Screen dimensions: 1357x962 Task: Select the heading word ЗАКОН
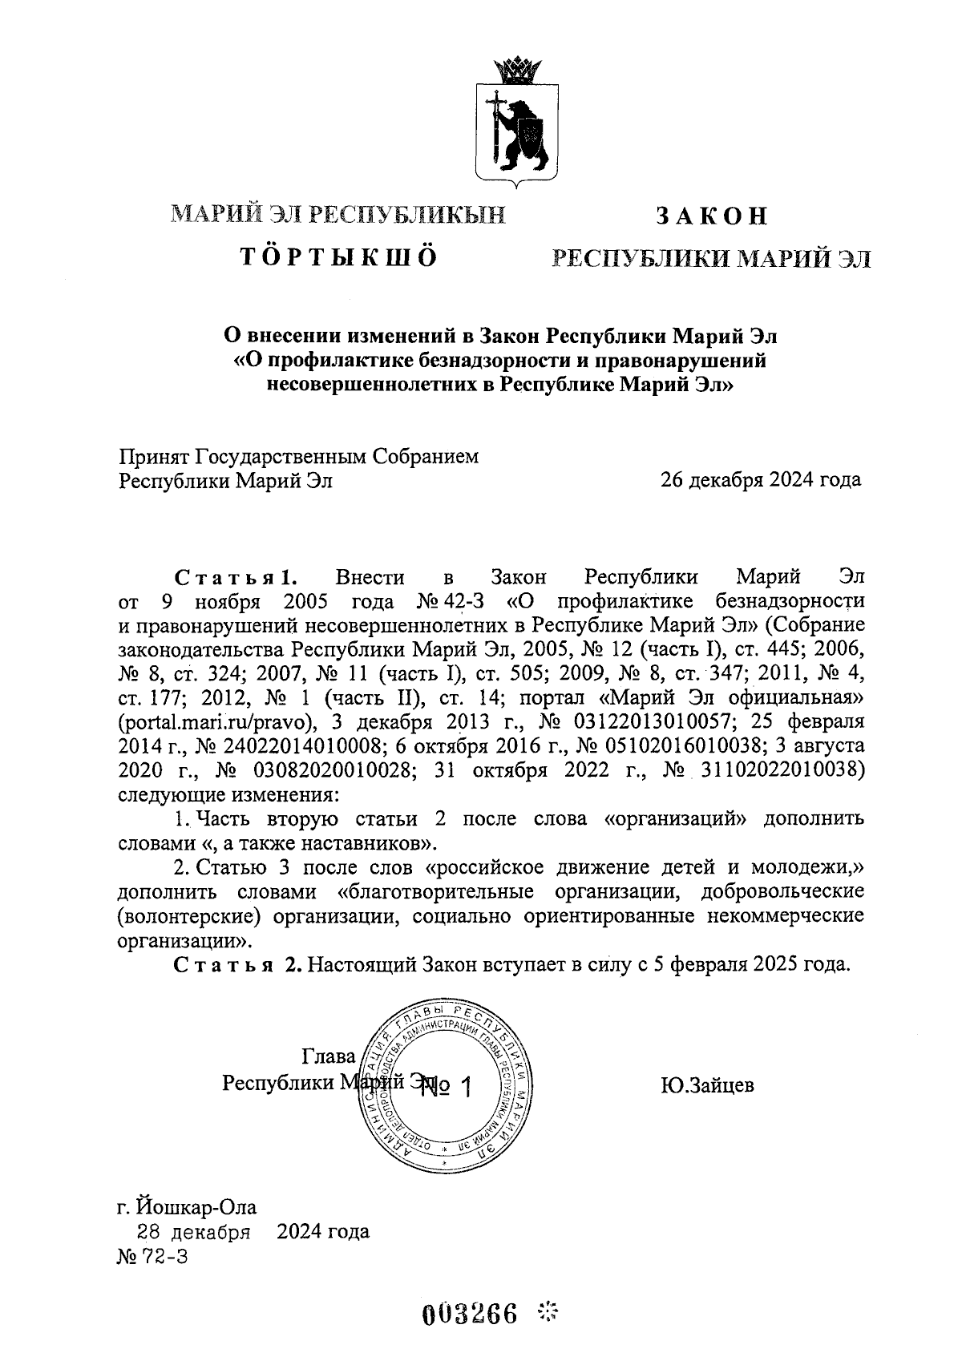(x=712, y=216)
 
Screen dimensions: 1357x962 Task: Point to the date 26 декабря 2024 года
(x=760, y=480)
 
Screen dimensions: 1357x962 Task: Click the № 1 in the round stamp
(x=447, y=1086)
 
